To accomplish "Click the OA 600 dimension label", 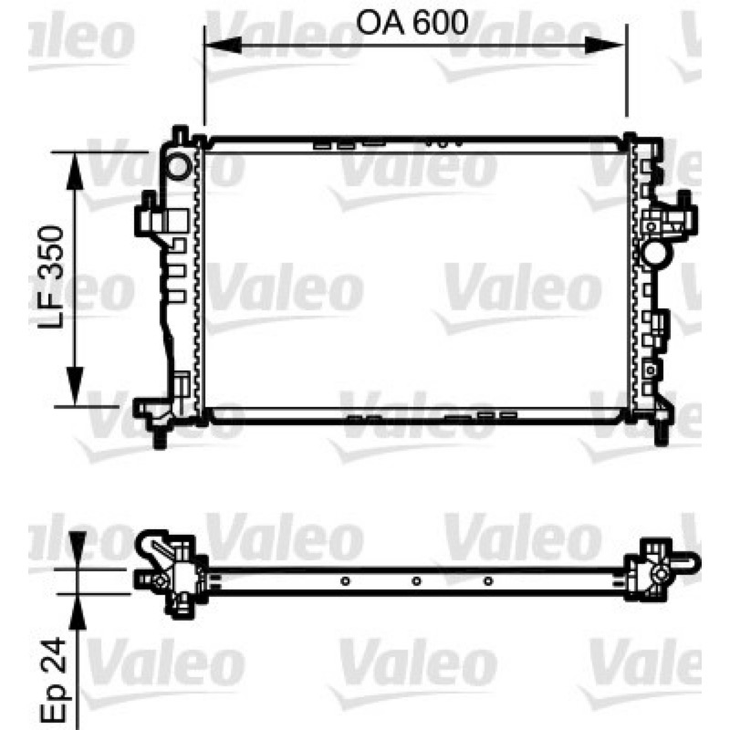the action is click(x=412, y=22).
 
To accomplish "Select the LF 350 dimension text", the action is click(x=51, y=277).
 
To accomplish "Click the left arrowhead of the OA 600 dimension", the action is click(x=223, y=45).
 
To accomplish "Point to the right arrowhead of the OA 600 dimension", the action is click(x=604, y=45).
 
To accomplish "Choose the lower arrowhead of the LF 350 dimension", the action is click(x=75, y=386).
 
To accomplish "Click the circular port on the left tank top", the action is click(x=178, y=166).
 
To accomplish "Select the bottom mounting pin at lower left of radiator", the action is click(x=160, y=439).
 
